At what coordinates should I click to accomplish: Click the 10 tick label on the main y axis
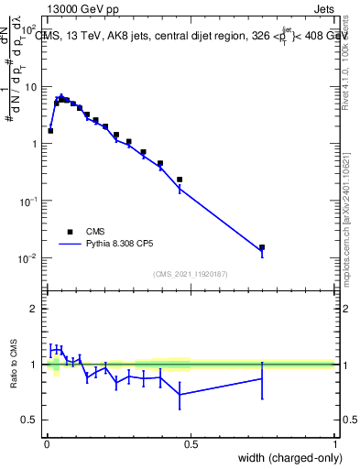(30, 87)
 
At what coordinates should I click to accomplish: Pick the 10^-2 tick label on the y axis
(27, 258)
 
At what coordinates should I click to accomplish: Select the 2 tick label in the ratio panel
(33, 309)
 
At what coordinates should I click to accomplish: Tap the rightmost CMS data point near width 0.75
(262, 247)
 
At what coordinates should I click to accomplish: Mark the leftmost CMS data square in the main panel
(50, 131)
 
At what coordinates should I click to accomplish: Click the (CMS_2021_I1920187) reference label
(190, 274)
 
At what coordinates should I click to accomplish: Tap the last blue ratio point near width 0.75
(262, 378)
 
